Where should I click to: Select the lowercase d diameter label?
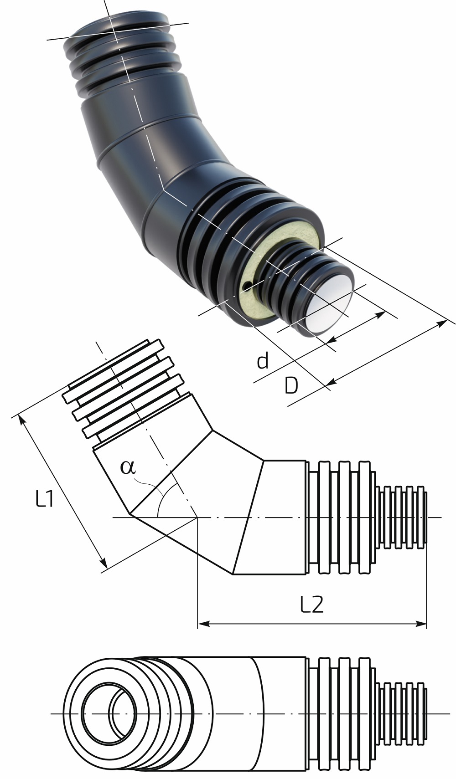point(263,361)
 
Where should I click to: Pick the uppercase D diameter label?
point(291,385)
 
